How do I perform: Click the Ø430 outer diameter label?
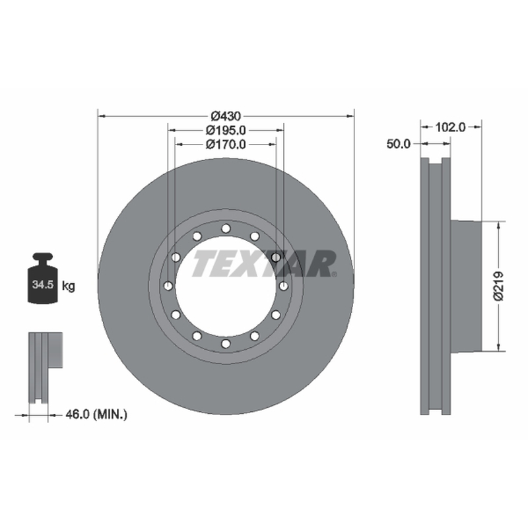point(226,116)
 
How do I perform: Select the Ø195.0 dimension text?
point(226,130)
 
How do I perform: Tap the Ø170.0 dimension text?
point(226,145)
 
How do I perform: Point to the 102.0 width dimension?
point(450,127)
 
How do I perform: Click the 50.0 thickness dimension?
point(399,144)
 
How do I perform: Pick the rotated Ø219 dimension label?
point(498,286)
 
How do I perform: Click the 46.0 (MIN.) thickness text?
point(96,414)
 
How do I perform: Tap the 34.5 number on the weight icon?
point(43,284)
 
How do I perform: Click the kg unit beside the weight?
point(69,286)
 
